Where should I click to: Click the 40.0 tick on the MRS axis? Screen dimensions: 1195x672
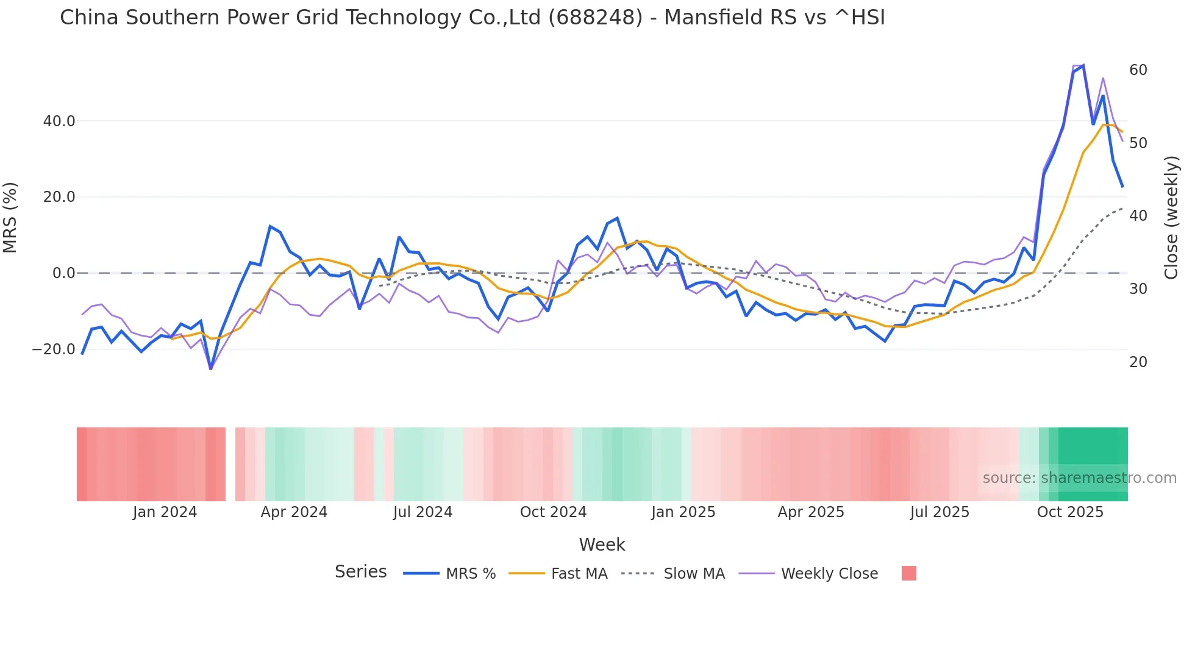point(59,121)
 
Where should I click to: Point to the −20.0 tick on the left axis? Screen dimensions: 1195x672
point(54,349)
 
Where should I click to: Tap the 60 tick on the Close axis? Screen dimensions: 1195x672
point(1138,70)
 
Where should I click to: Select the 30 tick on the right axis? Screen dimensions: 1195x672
point(1138,289)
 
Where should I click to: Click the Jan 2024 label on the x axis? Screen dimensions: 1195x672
point(165,512)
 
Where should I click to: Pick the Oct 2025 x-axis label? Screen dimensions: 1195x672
point(1070,512)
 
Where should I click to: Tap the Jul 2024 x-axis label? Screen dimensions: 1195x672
point(423,512)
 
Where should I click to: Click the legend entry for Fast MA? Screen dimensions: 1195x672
point(579,574)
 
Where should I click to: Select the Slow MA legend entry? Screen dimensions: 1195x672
point(694,574)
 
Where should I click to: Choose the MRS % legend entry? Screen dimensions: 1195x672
point(470,574)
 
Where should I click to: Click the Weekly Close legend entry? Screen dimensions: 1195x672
point(829,574)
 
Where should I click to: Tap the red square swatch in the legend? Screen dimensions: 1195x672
point(908,573)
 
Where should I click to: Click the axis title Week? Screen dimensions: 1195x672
point(602,545)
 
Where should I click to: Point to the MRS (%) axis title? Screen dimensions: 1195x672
point(10,218)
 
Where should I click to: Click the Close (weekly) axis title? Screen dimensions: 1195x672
point(1171,218)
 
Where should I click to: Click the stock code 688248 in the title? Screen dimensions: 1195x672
point(595,18)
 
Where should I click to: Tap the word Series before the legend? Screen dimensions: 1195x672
point(360,572)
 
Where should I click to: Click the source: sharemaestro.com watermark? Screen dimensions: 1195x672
point(1079,478)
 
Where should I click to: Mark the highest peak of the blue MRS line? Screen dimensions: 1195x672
point(1083,65)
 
